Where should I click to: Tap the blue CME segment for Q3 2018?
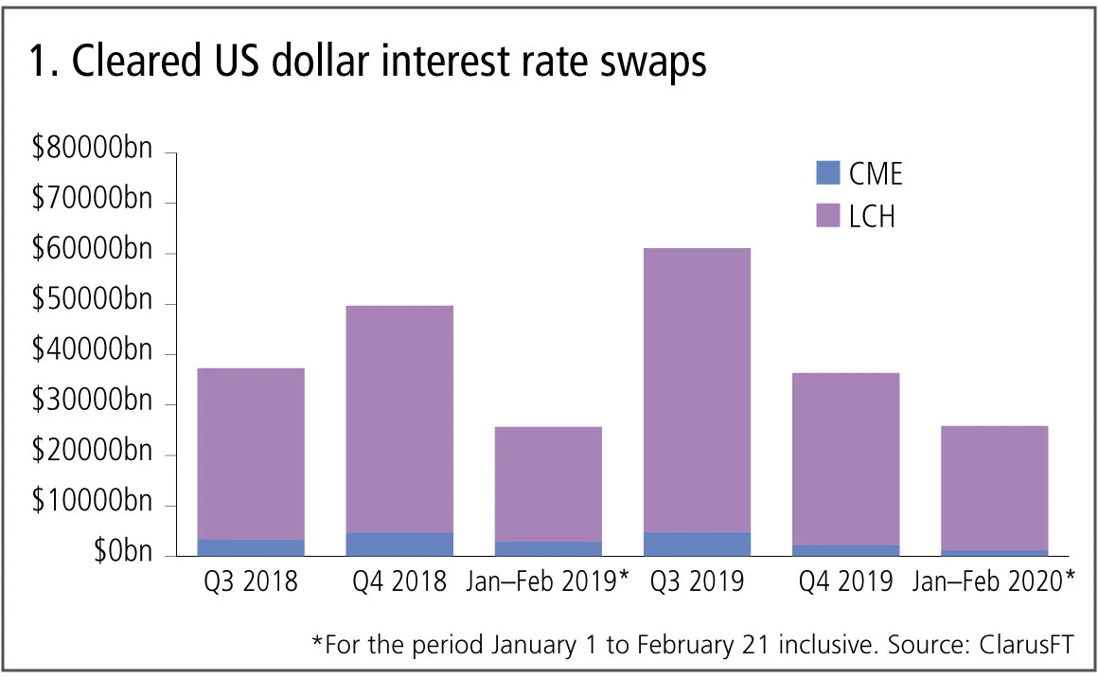click(250, 547)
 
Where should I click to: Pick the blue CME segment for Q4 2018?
click(398, 544)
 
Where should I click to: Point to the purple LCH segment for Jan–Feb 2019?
click(547, 484)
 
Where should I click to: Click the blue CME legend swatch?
click(826, 173)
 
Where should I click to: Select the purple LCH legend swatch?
click(826, 217)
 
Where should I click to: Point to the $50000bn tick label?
click(91, 302)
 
